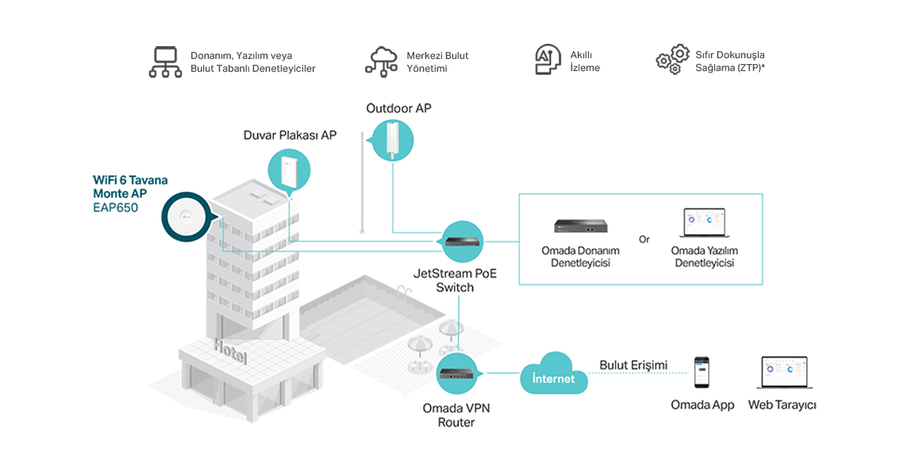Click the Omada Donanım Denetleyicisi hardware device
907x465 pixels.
point(580,226)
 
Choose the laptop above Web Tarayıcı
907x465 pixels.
point(782,374)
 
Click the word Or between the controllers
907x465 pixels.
point(644,240)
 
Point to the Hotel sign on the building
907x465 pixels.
point(230,351)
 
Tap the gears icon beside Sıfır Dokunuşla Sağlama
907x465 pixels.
point(672,59)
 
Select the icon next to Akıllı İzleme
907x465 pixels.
point(548,60)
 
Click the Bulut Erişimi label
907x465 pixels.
point(633,365)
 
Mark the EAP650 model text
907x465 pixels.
point(115,208)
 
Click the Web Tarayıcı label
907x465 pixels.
point(782,405)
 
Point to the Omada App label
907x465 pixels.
point(702,405)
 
